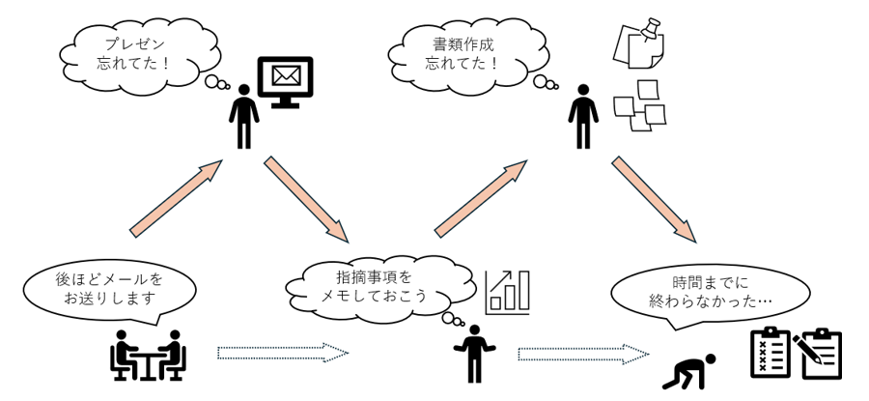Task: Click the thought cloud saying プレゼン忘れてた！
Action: tap(130, 53)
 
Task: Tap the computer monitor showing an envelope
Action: tap(289, 80)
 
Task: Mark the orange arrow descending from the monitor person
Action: tap(306, 198)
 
